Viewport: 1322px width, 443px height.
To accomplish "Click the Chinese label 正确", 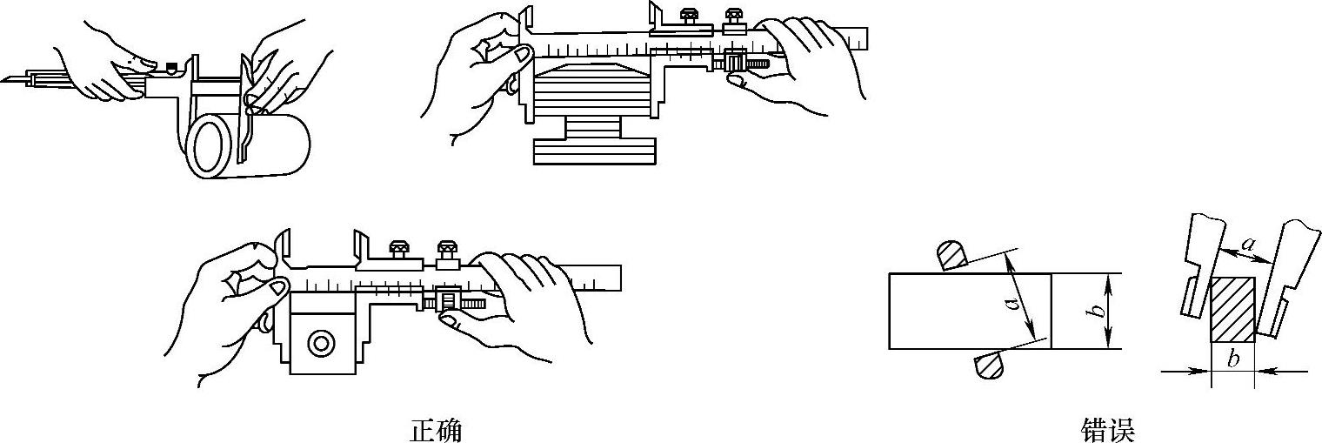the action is click(435, 430).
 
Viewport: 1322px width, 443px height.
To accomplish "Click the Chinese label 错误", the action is click(1108, 430).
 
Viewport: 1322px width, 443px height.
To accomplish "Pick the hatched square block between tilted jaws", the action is click(1232, 310).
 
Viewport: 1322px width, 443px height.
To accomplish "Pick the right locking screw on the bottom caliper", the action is click(448, 248).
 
